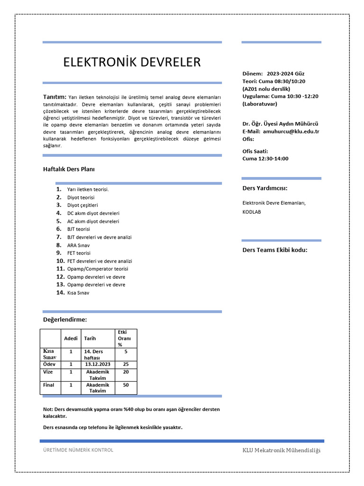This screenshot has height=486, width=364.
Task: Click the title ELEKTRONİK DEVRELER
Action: point(132,62)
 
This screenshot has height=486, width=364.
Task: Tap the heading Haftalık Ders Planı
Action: point(72,168)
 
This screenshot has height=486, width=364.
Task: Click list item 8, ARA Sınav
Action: point(78,245)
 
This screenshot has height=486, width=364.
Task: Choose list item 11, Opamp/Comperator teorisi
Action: point(97,269)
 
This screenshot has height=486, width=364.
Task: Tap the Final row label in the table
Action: point(49,385)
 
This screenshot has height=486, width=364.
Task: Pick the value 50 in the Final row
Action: point(126,385)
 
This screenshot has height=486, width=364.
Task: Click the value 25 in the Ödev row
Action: point(126,364)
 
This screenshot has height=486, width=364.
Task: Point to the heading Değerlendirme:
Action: point(65,320)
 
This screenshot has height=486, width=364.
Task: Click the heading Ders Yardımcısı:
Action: point(265,188)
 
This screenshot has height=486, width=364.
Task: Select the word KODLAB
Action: point(252,212)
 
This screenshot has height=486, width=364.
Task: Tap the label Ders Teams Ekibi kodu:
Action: point(275,250)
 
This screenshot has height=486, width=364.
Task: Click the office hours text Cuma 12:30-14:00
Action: point(265,159)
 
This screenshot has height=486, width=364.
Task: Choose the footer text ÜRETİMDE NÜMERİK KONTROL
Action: point(78,450)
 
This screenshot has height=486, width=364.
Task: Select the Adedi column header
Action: point(71,338)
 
